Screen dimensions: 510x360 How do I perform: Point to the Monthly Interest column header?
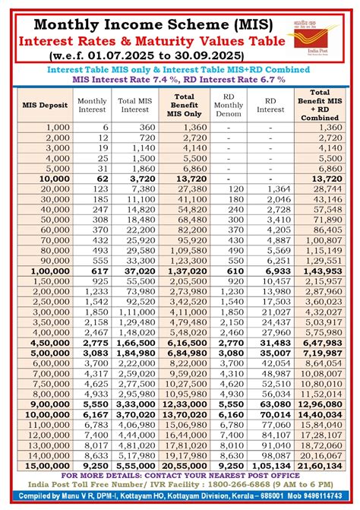[x=92, y=104]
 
